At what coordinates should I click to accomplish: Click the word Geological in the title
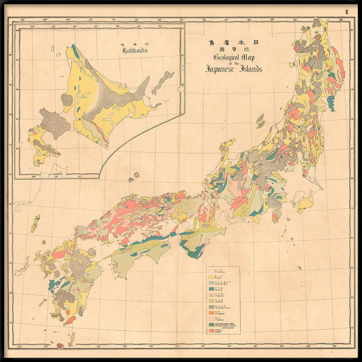point(229,57)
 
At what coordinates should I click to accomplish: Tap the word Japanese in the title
point(222,69)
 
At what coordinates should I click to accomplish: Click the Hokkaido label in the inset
point(136,50)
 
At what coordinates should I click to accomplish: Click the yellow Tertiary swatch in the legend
point(211,276)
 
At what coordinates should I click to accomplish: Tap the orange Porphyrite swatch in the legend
point(211,313)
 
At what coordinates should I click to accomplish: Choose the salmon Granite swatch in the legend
point(211,332)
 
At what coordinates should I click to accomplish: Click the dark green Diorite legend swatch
point(211,325)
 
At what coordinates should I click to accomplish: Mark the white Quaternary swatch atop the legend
point(211,271)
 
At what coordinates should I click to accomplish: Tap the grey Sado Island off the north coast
point(260,121)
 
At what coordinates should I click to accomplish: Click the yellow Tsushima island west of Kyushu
point(35,224)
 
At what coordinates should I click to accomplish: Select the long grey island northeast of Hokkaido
point(163,82)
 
